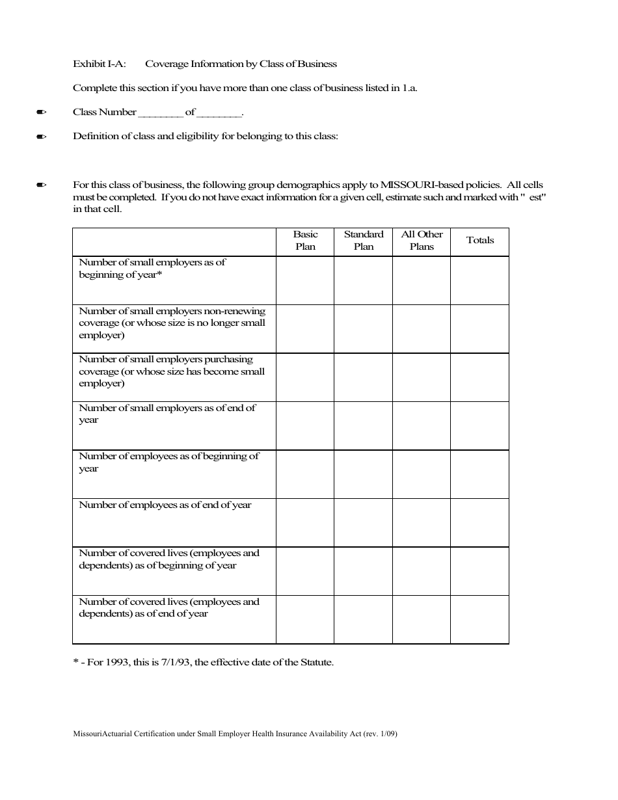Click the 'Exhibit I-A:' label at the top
(x=99, y=64)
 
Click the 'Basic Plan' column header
(x=305, y=241)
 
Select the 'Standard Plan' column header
(x=364, y=241)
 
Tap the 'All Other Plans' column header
(x=422, y=241)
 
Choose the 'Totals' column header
(x=480, y=241)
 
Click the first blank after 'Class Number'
(x=161, y=113)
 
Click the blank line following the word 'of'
(x=219, y=113)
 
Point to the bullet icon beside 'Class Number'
(x=42, y=113)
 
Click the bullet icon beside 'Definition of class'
(x=42, y=137)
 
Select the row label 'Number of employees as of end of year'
(x=165, y=505)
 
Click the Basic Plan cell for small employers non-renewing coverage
(x=305, y=329)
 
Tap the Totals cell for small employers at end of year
(x=480, y=426)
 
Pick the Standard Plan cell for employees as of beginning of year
(x=364, y=474)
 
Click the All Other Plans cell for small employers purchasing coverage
(x=422, y=377)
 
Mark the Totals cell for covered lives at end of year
(x=480, y=620)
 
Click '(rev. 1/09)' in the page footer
(x=381, y=734)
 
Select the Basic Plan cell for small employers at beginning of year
(x=305, y=280)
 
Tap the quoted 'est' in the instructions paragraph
(x=537, y=198)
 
